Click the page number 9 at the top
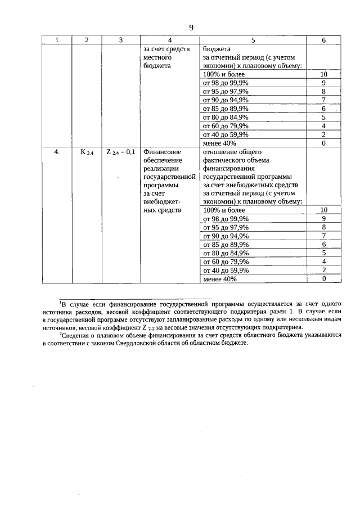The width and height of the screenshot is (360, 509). click(x=191, y=28)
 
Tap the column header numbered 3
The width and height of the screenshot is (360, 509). click(x=121, y=40)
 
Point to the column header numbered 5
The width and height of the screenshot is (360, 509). click(x=253, y=40)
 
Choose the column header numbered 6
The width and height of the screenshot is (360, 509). click(x=323, y=40)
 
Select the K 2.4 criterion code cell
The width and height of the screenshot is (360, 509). click(x=86, y=152)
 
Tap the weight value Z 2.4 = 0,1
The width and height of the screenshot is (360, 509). click(x=121, y=152)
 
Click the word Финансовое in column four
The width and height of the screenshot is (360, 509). click(x=162, y=151)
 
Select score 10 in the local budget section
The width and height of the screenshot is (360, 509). click(x=323, y=74)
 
